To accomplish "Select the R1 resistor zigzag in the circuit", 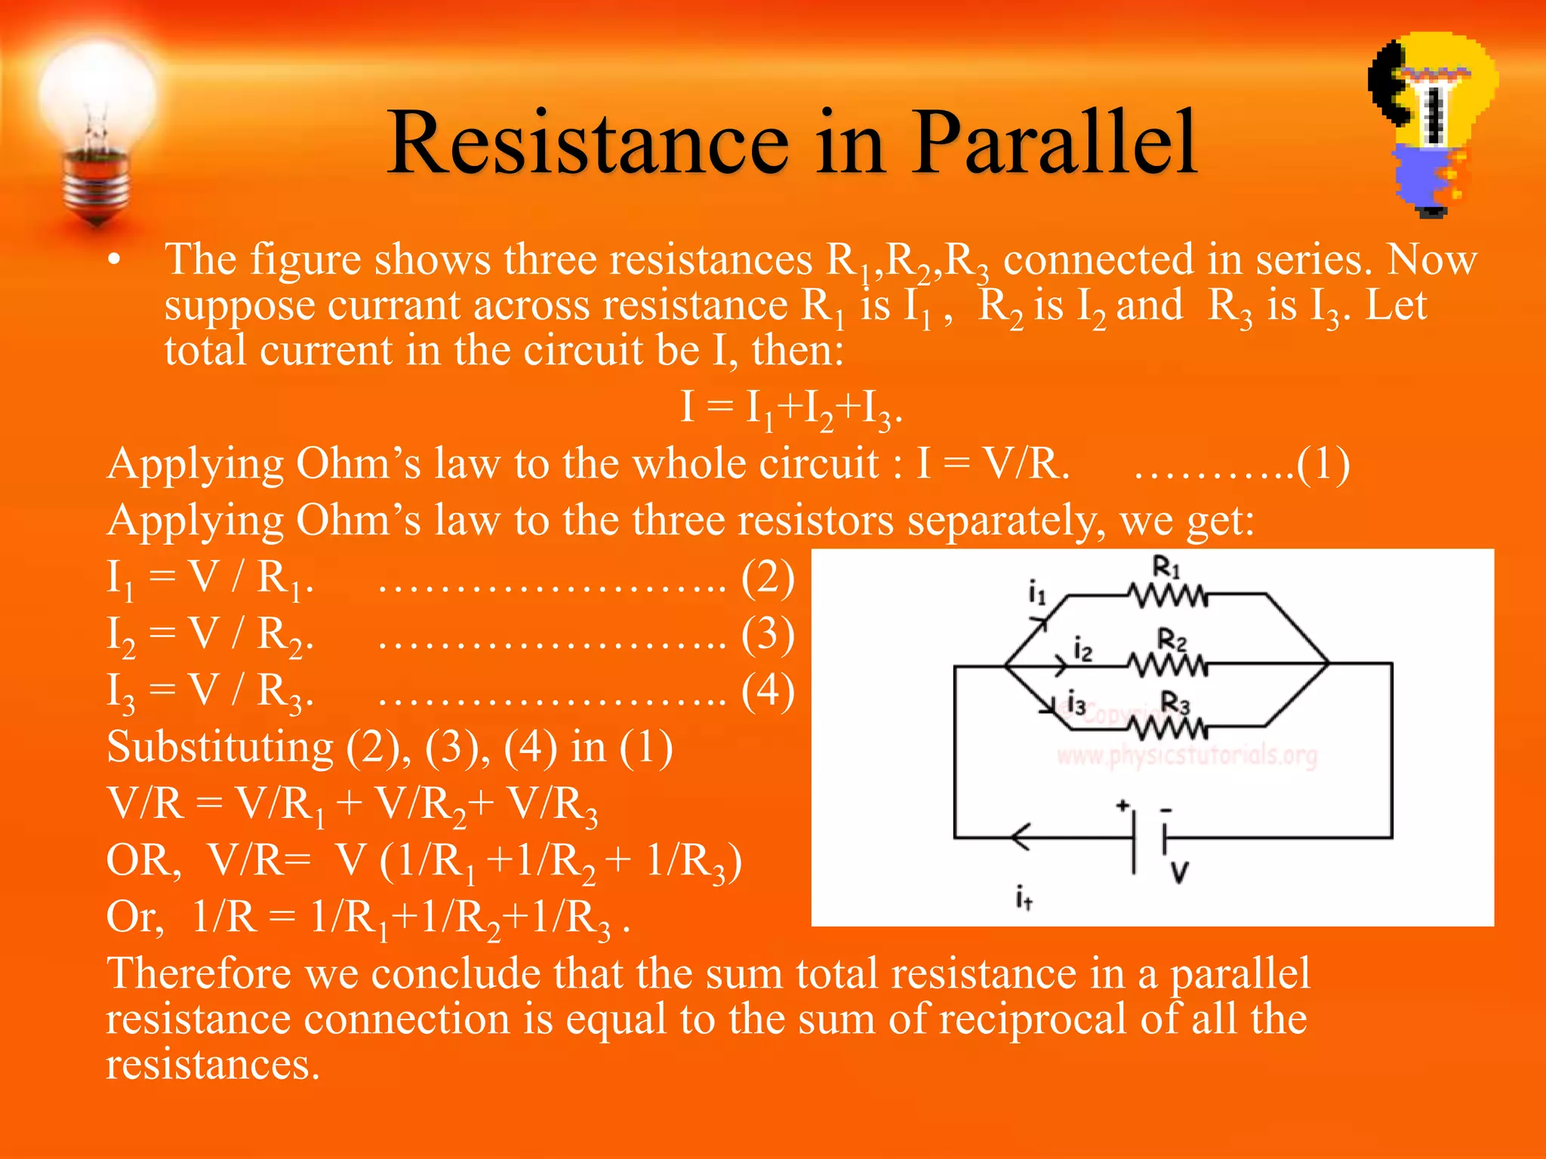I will click(x=1168, y=596).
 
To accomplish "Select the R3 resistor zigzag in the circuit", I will click(x=1168, y=727).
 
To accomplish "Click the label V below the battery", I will click(x=1179, y=873).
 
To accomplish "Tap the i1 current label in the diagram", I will click(x=1037, y=592).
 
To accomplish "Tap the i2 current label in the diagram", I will click(x=1083, y=649).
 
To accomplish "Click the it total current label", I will click(x=1024, y=898).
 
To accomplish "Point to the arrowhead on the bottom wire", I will click(x=1019, y=837).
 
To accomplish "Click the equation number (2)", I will click(x=768, y=578).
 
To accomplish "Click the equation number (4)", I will click(x=768, y=690).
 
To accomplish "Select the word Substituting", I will click(x=220, y=747).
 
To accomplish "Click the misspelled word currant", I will click(x=393, y=306).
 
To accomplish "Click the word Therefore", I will click(x=199, y=973).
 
